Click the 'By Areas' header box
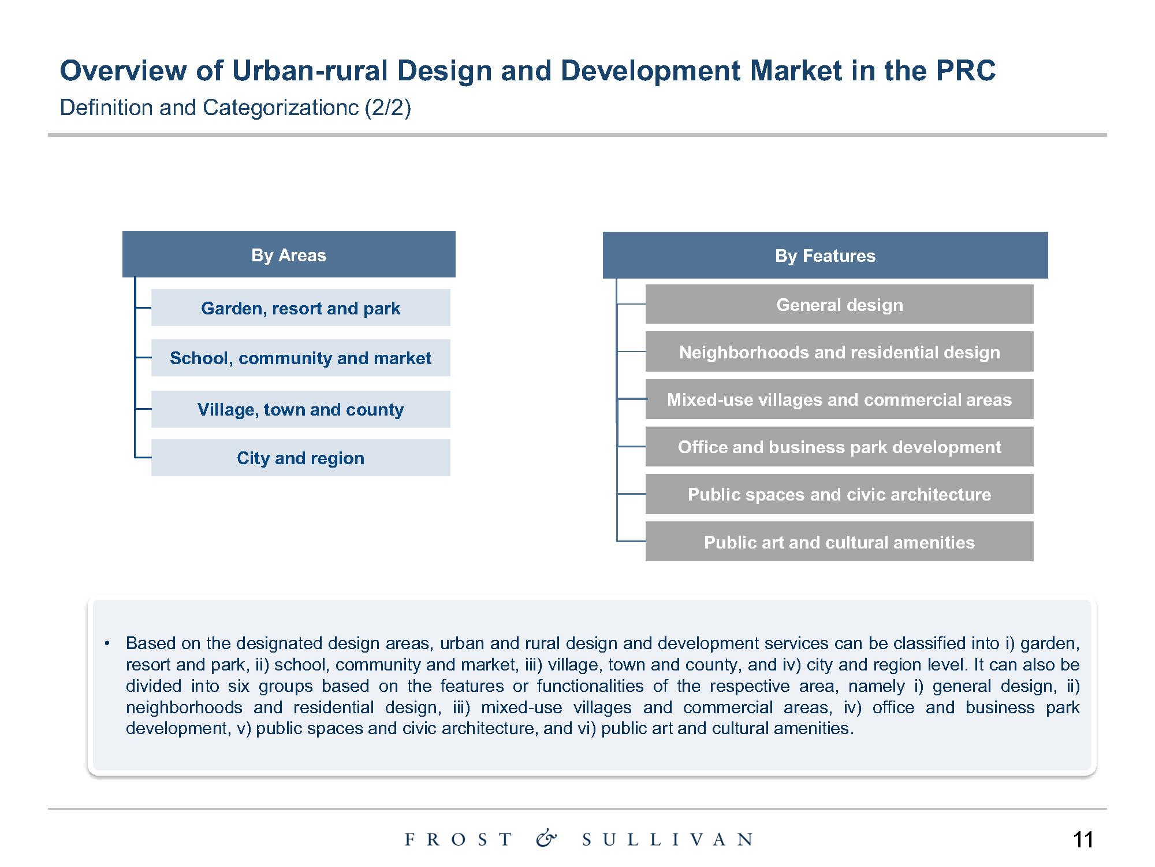pos(289,254)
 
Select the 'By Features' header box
pos(825,255)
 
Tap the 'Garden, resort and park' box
pos(300,307)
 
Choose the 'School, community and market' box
pos(300,358)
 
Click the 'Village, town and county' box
pos(300,409)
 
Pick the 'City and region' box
pos(300,458)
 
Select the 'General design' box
pos(839,304)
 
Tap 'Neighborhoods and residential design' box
pos(839,351)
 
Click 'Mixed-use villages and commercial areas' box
pos(839,399)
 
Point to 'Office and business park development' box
pos(839,447)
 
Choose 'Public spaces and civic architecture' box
pos(839,494)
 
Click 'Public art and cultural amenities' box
pos(839,542)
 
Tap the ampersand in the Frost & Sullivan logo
pos(546,838)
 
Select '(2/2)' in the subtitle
pos(388,108)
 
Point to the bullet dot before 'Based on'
pos(107,643)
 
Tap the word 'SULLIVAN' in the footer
pos(668,839)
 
